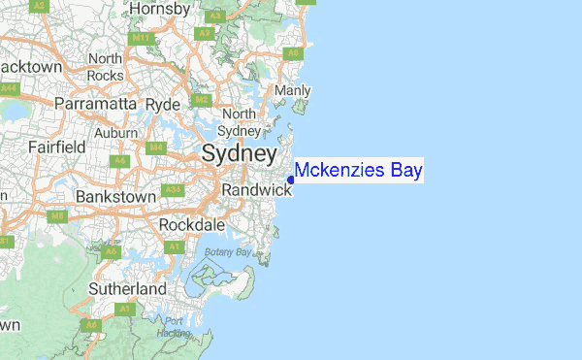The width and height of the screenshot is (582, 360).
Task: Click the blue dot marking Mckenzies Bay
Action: point(292,179)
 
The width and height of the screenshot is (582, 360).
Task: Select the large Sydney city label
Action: point(239,153)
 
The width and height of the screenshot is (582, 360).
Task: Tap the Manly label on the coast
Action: point(293,91)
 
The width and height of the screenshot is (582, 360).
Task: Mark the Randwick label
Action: point(256,191)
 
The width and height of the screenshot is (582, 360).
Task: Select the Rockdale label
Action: point(192,225)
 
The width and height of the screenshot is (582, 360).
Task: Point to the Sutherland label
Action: point(127,289)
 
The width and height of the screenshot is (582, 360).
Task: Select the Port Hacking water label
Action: point(173,327)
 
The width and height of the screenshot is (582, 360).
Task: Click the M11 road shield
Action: point(143,40)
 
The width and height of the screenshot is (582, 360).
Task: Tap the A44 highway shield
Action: point(10,88)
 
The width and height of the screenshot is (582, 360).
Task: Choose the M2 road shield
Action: point(202,100)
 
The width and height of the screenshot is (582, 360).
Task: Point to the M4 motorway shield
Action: point(155,147)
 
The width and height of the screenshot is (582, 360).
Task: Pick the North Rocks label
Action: point(105,67)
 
